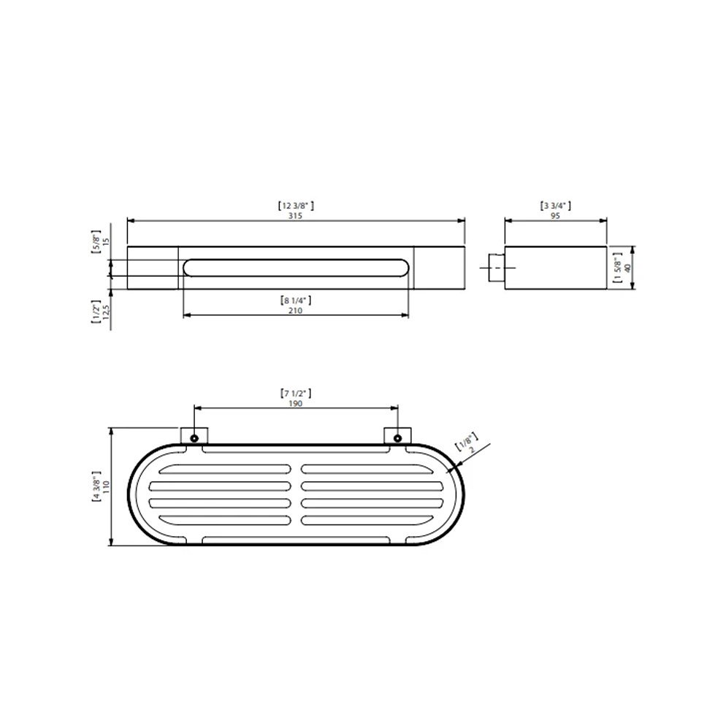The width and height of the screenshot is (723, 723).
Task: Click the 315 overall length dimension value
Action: [x=295, y=215]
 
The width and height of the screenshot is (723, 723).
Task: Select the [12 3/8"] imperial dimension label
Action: [x=296, y=206]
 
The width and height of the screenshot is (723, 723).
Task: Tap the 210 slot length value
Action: [x=295, y=310]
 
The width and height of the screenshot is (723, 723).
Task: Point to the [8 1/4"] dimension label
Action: [x=296, y=301]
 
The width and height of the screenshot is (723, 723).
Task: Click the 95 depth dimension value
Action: [x=555, y=215]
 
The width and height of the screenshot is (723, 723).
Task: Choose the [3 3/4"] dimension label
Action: [x=555, y=206]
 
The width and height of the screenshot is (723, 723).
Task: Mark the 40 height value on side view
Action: [x=627, y=267]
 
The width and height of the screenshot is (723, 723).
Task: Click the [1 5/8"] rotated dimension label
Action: [x=617, y=267]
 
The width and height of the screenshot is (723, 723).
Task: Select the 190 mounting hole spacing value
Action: [x=295, y=403]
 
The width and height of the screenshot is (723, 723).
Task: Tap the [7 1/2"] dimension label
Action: [x=296, y=394]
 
